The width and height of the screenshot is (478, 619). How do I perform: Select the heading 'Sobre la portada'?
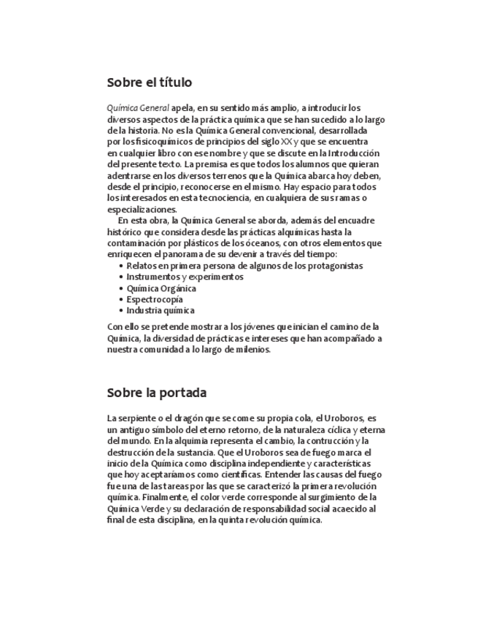[157, 393]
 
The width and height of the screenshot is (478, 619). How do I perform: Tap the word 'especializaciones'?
[142, 209]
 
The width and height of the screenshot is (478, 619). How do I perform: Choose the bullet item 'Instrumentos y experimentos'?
[185, 277]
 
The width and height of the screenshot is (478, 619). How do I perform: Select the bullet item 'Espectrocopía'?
[154, 299]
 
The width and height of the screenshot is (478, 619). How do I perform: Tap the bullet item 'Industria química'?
[160, 310]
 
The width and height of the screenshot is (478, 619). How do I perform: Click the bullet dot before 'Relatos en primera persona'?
[120, 266]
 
